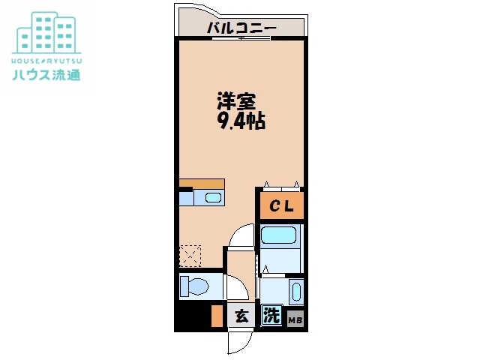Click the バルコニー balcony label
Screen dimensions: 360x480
tap(241, 28)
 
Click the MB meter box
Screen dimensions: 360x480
tap(295, 319)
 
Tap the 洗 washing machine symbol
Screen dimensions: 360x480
tap(271, 316)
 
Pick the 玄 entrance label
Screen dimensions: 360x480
tap(241, 316)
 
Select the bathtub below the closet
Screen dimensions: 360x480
tap(281, 238)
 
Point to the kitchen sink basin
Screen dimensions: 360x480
tap(213, 199)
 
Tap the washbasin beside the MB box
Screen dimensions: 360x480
tap(295, 292)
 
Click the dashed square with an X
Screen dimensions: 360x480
tap(190, 256)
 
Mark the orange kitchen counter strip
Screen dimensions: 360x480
tap(202, 183)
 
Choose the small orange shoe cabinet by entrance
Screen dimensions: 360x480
tap(217, 316)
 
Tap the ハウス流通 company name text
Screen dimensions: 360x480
tap(45, 74)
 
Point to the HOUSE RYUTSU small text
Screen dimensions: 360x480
tap(45, 59)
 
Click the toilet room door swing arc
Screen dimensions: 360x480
tap(236, 287)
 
